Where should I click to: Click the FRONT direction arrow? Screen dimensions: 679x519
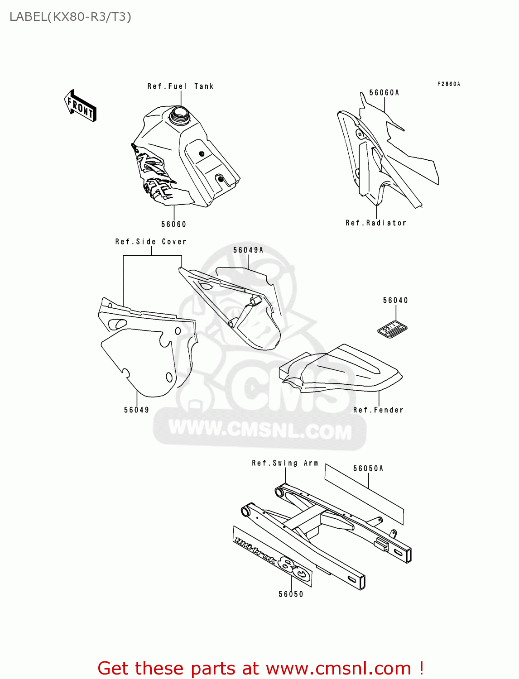coord(80,105)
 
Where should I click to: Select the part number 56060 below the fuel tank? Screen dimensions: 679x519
coord(173,224)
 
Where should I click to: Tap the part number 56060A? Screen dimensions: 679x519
coord(384,93)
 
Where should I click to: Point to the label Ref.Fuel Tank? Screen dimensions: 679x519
coord(180,86)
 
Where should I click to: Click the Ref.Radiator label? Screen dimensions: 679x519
coord(376,223)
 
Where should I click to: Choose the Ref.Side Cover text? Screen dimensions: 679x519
coord(150,242)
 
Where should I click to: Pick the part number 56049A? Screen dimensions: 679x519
coord(248,250)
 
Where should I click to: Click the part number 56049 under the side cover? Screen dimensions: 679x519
coord(136,410)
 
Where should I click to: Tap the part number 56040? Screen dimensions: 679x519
coord(395,300)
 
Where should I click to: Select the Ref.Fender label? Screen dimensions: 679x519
coord(378,410)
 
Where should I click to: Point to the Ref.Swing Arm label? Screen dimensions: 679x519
coord(285,463)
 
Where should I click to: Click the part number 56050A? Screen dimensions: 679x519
coord(368,469)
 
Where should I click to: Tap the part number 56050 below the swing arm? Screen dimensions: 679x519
coord(291,594)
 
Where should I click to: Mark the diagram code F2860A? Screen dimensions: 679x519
coord(448,84)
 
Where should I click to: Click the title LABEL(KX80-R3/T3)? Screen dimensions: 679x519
coord(70,17)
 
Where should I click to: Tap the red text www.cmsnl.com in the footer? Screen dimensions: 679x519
coord(338,668)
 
